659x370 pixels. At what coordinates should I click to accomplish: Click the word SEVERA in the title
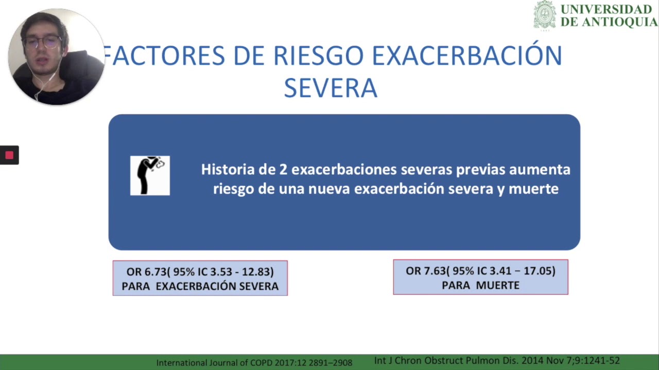[331, 88]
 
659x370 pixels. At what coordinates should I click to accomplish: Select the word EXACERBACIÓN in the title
[466, 55]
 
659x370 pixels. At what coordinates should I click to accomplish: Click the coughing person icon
[150, 175]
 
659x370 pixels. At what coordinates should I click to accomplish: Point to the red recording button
[9, 155]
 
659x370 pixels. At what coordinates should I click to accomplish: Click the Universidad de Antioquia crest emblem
[544, 15]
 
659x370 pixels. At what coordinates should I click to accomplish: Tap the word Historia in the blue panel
[225, 170]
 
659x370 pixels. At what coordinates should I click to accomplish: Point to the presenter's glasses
[43, 42]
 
